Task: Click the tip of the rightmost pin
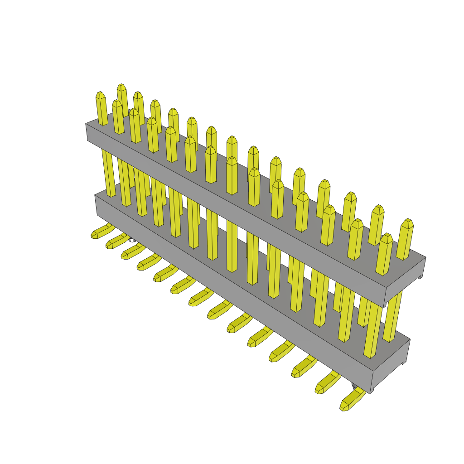[x=408, y=222]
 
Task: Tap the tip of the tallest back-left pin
[x=121, y=87]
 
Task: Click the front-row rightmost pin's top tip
[x=386, y=237]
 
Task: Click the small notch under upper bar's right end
[x=420, y=276]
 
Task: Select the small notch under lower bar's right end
[x=404, y=362]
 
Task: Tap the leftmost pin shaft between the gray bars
[x=108, y=172]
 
